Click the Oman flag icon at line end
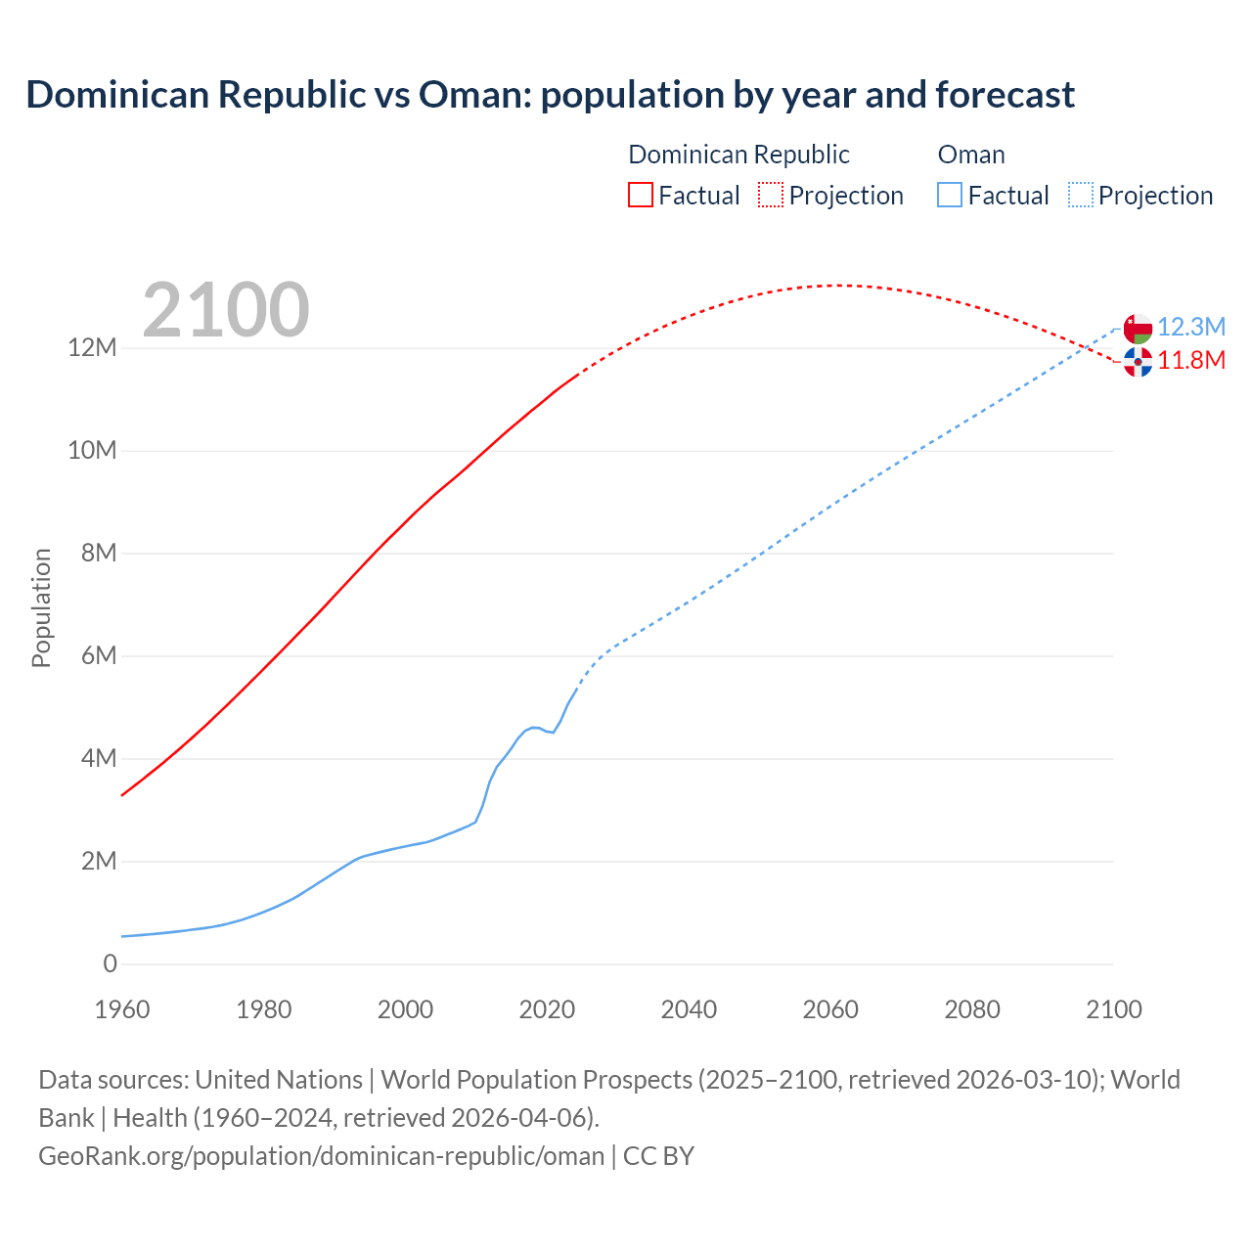click(1138, 329)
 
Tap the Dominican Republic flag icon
click(1138, 362)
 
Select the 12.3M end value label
click(1191, 327)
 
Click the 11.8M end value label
click(1191, 360)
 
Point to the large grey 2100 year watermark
click(226, 310)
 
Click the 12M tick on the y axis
click(92, 348)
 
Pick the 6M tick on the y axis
click(98, 655)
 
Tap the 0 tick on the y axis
click(110, 963)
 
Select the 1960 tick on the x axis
click(122, 1009)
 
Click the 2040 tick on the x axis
click(689, 1009)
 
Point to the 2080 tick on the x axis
click(972, 1009)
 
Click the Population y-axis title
click(41, 607)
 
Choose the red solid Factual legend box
click(640, 196)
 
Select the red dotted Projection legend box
click(771, 196)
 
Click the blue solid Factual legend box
click(949, 196)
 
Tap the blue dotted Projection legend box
click(1080, 196)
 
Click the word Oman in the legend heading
click(970, 155)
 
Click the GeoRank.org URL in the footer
click(321, 1156)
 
